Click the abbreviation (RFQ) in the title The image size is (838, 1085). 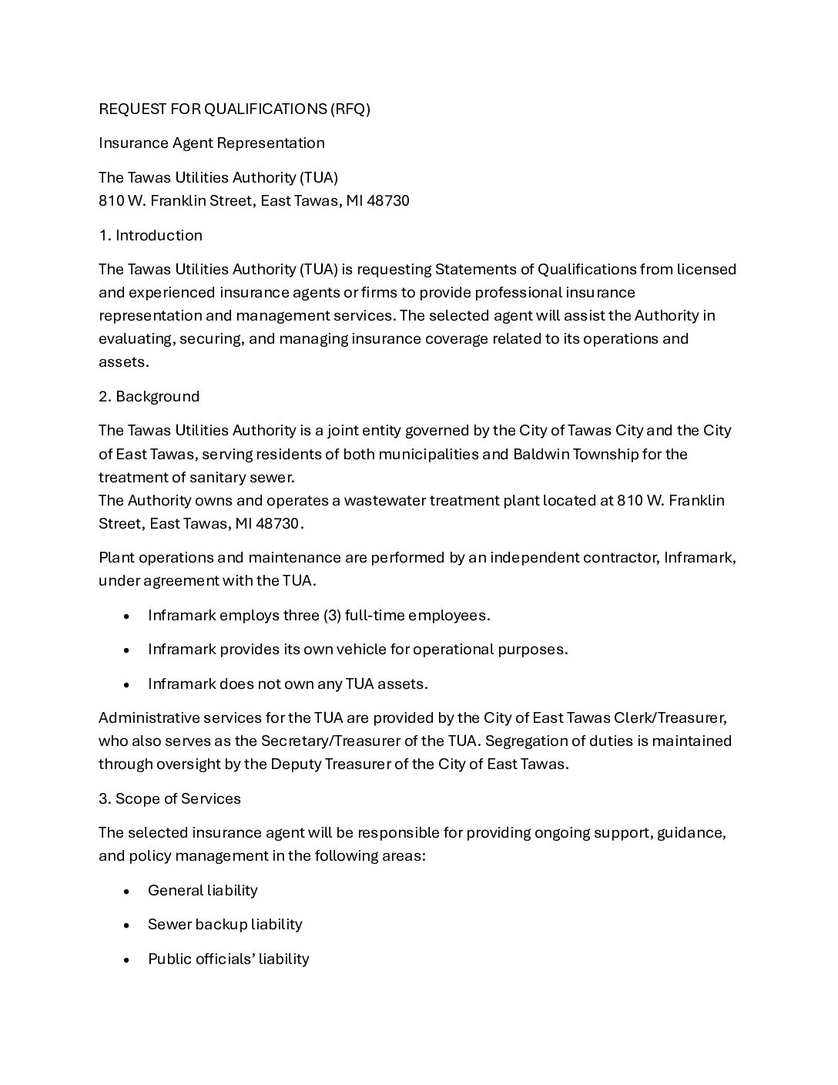(350, 109)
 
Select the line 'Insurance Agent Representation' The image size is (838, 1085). (211, 143)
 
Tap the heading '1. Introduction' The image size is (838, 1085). (150, 235)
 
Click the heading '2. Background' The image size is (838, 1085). (149, 396)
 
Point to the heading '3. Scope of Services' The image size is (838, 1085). (169, 798)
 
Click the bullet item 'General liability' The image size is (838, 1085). (203, 890)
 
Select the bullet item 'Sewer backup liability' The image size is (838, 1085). (225, 924)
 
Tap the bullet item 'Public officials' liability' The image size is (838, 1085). (228, 959)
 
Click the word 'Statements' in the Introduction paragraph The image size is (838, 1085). (472, 269)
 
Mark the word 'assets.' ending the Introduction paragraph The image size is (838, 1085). (123, 361)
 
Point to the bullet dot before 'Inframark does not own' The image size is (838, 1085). (126, 684)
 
